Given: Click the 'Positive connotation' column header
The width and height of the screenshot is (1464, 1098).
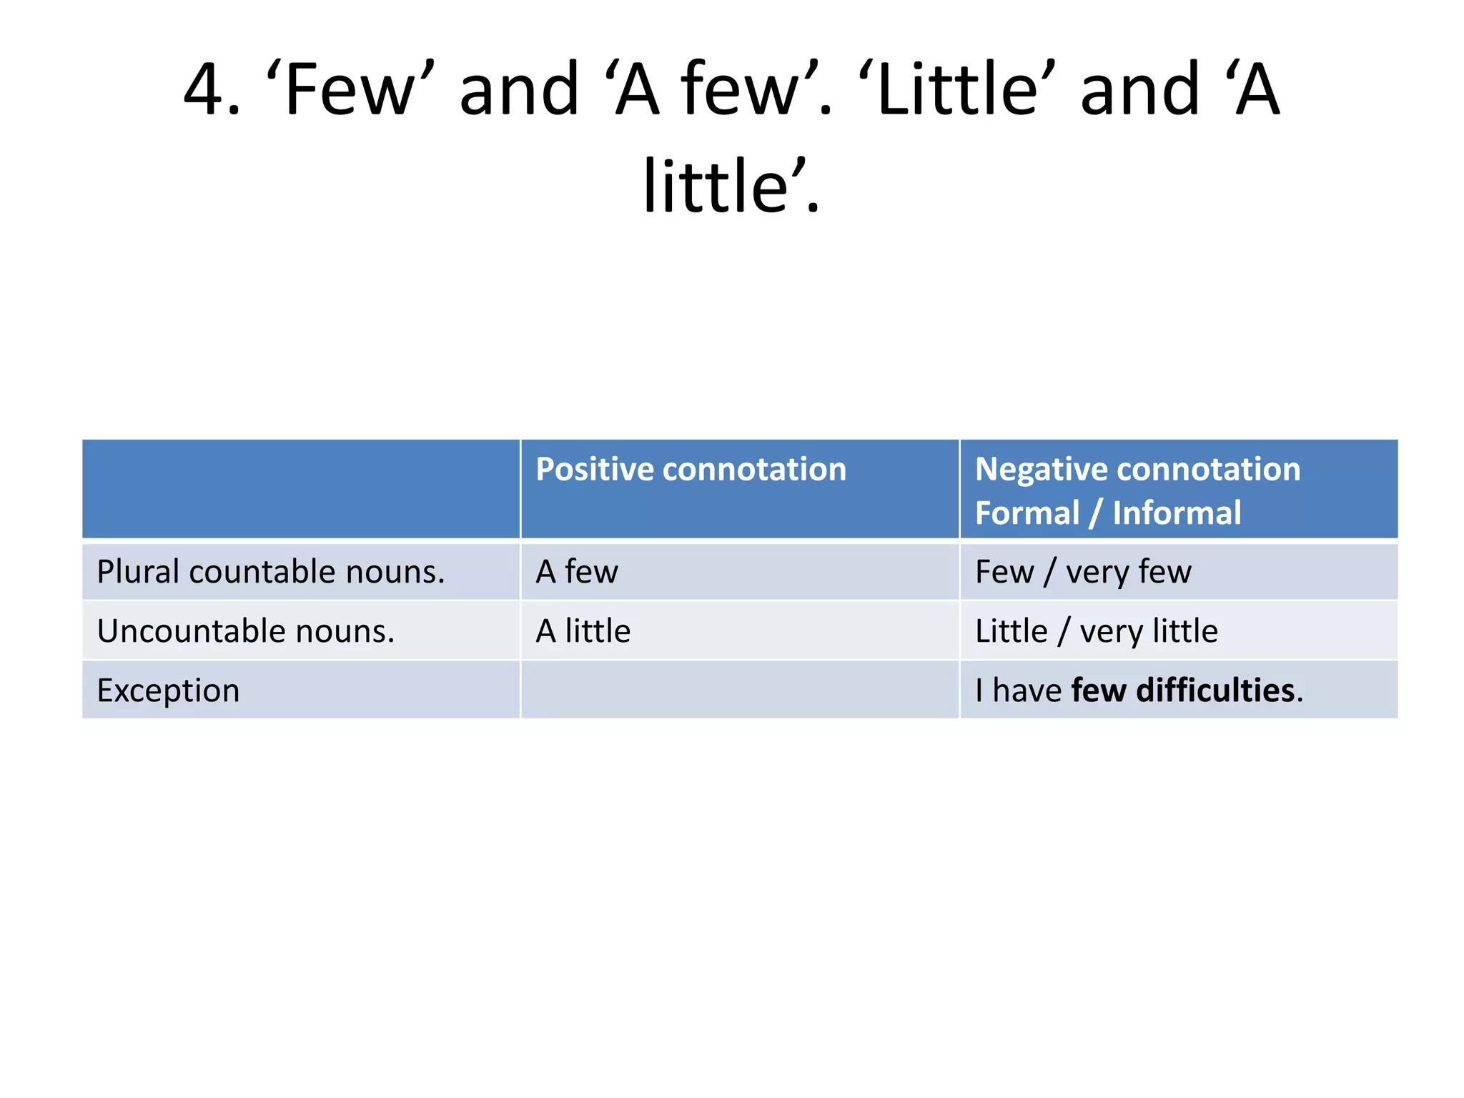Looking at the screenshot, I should coord(691,470).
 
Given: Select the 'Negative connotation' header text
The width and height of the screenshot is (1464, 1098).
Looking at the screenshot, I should coord(1137,470).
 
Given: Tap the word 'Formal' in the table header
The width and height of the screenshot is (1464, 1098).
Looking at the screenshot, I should coord(1027,513).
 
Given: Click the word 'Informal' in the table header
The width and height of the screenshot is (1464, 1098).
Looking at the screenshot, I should coord(1177,513).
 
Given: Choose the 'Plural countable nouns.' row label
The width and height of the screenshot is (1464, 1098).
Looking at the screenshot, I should coord(271,572).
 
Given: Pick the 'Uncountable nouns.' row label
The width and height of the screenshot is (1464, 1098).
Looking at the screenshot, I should coord(246,631).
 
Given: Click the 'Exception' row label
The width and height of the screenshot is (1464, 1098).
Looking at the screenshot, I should coord(169,691).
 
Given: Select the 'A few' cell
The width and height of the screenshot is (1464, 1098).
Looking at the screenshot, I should coord(577,572).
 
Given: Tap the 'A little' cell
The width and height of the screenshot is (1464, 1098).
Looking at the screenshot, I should coord(583,631).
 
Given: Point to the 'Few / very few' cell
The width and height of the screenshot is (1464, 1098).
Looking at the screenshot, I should coord(1083,572).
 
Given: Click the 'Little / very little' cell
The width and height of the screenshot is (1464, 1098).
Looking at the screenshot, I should coord(1096,631).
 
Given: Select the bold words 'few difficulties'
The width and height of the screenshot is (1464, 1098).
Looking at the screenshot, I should coord(1183,691).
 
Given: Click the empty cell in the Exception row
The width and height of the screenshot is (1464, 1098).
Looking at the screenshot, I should coord(739,691).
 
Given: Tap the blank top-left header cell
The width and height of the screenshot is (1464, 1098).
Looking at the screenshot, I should coord(301,489).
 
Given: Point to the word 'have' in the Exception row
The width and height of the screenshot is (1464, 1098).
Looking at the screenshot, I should coord(1027,691).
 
